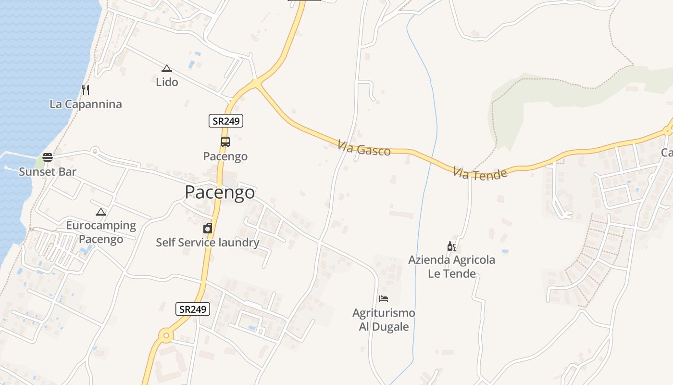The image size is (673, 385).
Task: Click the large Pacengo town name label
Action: (220, 192)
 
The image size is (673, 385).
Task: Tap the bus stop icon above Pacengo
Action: (225, 142)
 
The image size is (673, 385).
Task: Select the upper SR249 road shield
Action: (226, 121)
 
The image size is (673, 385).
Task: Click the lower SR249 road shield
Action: (193, 309)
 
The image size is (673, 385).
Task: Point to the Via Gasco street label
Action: (364, 148)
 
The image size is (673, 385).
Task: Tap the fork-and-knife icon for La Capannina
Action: (86, 90)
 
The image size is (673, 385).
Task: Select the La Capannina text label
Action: (86, 104)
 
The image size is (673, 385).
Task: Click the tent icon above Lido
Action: (167, 69)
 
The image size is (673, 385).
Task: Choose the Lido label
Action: (167, 82)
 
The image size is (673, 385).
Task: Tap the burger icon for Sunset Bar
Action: (47, 157)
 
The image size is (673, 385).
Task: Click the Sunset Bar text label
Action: (47, 172)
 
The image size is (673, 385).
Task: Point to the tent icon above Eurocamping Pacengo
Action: (101, 212)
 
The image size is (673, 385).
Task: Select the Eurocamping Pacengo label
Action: (101, 232)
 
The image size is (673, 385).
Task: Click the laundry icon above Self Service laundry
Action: (208, 228)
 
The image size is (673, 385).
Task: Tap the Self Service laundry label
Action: (208, 243)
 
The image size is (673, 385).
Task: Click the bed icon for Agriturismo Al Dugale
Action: (384, 299)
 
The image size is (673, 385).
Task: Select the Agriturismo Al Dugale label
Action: (384, 320)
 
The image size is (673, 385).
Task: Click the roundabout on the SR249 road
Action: (166, 335)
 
